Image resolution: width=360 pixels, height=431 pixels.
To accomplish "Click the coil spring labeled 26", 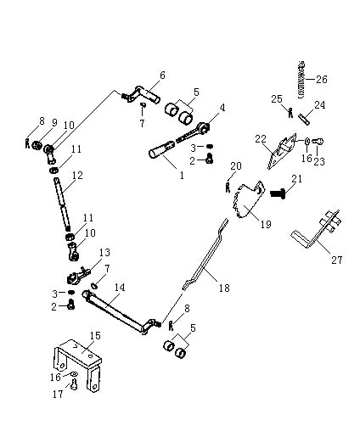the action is (x=301, y=80).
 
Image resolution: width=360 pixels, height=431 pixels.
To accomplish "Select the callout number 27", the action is (x=336, y=260).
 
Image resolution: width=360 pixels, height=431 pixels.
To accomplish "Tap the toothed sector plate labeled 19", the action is (x=249, y=199).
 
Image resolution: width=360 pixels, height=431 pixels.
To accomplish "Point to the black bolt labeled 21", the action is (x=278, y=193).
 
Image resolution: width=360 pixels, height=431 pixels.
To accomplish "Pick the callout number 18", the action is (x=224, y=288).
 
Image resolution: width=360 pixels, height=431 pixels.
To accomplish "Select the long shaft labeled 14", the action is (x=119, y=312).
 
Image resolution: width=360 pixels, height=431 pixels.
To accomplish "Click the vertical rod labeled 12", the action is (x=62, y=204).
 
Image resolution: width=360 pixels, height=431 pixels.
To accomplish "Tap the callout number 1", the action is (x=182, y=175).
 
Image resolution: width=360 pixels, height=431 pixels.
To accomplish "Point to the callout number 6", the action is (x=162, y=76).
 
